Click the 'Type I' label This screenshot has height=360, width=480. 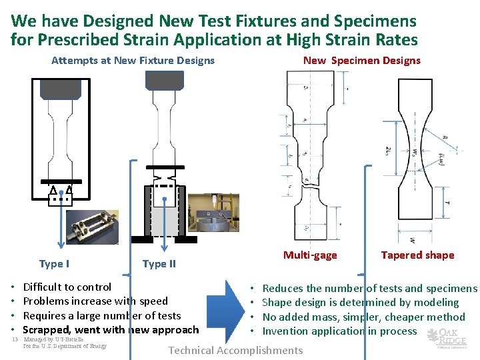tap(54, 263)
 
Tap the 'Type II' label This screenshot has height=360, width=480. tap(159, 263)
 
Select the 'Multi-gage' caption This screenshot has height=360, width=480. tap(310, 255)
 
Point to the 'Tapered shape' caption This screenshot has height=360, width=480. tap(417, 255)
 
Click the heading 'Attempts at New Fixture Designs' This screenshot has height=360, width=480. tap(133, 61)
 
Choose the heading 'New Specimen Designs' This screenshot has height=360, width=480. tap(361, 61)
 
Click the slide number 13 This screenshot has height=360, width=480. tap(15, 339)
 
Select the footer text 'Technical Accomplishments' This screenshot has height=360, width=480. tap(235, 351)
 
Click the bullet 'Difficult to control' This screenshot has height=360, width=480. tap(67, 287)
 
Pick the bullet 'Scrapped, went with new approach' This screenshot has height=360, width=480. tap(111, 329)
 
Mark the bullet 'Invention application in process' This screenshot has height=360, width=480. tap(339, 331)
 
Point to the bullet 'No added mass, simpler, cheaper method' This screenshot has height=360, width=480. tap(363, 317)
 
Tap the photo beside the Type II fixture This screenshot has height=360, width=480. tap(212, 214)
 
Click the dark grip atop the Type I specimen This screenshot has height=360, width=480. tap(61, 88)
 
